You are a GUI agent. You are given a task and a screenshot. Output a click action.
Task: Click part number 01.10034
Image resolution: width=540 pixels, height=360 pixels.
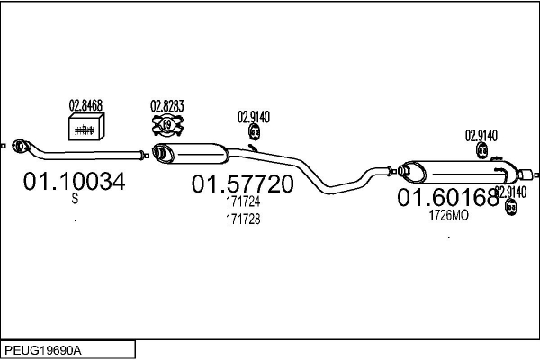(x=74, y=183)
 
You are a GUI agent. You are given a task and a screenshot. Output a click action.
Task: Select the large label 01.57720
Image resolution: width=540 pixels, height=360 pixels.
(x=242, y=184)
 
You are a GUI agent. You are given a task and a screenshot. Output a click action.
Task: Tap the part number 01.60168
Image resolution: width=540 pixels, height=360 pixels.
(x=448, y=197)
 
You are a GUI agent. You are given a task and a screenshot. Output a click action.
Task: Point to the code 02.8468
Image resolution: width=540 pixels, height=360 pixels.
(x=86, y=106)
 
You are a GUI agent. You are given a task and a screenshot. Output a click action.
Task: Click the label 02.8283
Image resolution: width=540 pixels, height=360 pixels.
(x=166, y=106)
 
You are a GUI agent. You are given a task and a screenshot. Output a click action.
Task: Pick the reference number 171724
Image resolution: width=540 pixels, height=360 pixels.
(x=242, y=204)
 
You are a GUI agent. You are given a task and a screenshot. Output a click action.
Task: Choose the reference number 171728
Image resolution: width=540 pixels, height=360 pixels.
(x=242, y=220)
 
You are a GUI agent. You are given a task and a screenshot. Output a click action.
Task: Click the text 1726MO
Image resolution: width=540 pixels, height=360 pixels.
(x=448, y=215)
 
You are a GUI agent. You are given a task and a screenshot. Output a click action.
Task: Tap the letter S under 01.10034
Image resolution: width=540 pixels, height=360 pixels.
(x=74, y=202)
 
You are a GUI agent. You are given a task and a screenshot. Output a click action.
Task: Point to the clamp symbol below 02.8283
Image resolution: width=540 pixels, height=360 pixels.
(x=166, y=125)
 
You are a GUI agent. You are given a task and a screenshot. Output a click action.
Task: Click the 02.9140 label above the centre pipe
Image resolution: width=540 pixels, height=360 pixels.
(x=254, y=116)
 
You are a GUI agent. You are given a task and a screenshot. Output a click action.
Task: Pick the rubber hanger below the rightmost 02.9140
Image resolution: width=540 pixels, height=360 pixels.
(x=511, y=208)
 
